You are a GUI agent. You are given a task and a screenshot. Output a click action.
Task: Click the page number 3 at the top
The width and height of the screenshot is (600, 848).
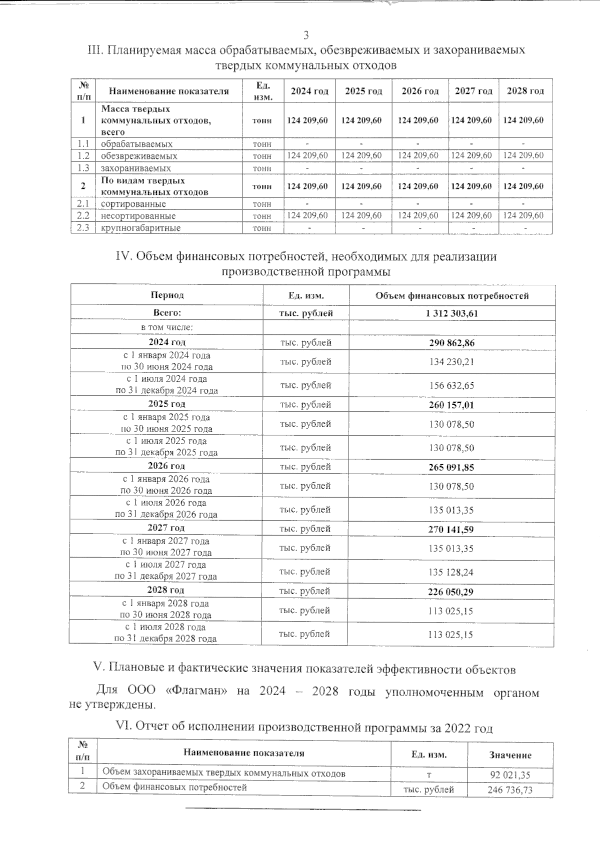pyautogui.click(x=306, y=35)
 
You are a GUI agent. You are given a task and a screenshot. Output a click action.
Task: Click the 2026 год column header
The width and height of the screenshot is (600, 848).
pyautogui.click(x=420, y=91)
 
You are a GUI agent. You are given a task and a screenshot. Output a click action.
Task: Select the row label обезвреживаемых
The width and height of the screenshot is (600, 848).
pyautogui.click(x=139, y=156)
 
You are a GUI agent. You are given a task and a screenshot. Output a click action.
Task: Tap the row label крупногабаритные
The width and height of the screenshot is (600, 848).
pyautogui.click(x=140, y=228)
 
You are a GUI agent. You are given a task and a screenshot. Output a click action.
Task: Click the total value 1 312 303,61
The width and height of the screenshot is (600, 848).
pyautogui.click(x=451, y=313)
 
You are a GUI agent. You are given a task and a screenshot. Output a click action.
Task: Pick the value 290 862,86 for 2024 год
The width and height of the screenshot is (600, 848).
pyautogui.click(x=451, y=343)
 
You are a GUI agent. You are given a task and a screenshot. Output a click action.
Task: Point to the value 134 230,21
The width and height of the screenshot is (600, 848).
pyautogui.click(x=451, y=361)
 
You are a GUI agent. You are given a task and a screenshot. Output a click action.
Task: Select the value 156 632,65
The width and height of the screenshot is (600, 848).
pyautogui.click(x=451, y=385)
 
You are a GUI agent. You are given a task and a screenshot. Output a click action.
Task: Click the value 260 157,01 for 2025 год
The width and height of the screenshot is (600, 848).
pyautogui.click(x=451, y=405)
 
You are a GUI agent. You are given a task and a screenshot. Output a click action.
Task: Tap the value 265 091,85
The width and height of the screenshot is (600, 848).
pyautogui.click(x=451, y=468)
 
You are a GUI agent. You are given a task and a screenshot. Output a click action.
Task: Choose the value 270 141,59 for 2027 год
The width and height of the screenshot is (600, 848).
pyautogui.click(x=451, y=529)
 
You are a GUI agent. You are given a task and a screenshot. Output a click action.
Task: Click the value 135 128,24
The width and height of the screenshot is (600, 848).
pyautogui.click(x=451, y=572)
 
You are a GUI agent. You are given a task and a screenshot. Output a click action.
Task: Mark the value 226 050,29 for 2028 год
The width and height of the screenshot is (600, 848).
pyautogui.click(x=451, y=592)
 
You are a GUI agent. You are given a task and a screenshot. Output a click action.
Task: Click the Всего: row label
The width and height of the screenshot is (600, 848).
pyautogui.click(x=167, y=313)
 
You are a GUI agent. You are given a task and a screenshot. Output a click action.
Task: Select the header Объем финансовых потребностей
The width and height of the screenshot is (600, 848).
pyautogui.click(x=451, y=296)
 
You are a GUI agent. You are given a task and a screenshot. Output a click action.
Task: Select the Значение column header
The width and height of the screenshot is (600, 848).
pyautogui.click(x=510, y=755)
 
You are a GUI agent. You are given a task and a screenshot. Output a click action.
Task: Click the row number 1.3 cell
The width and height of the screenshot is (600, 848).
pyautogui.click(x=83, y=168)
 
